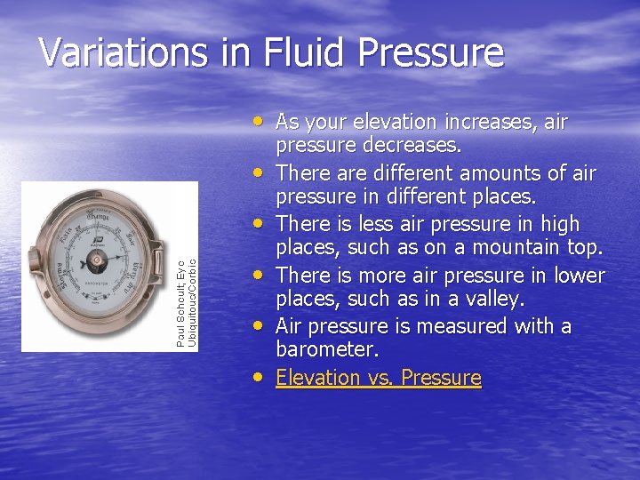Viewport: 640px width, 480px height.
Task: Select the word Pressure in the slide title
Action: point(431,53)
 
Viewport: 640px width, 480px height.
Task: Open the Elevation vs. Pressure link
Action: point(378,378)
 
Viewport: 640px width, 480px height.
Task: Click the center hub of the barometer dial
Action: point(96,264)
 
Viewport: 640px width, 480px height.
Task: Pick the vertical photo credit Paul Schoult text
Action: point(181,302)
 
